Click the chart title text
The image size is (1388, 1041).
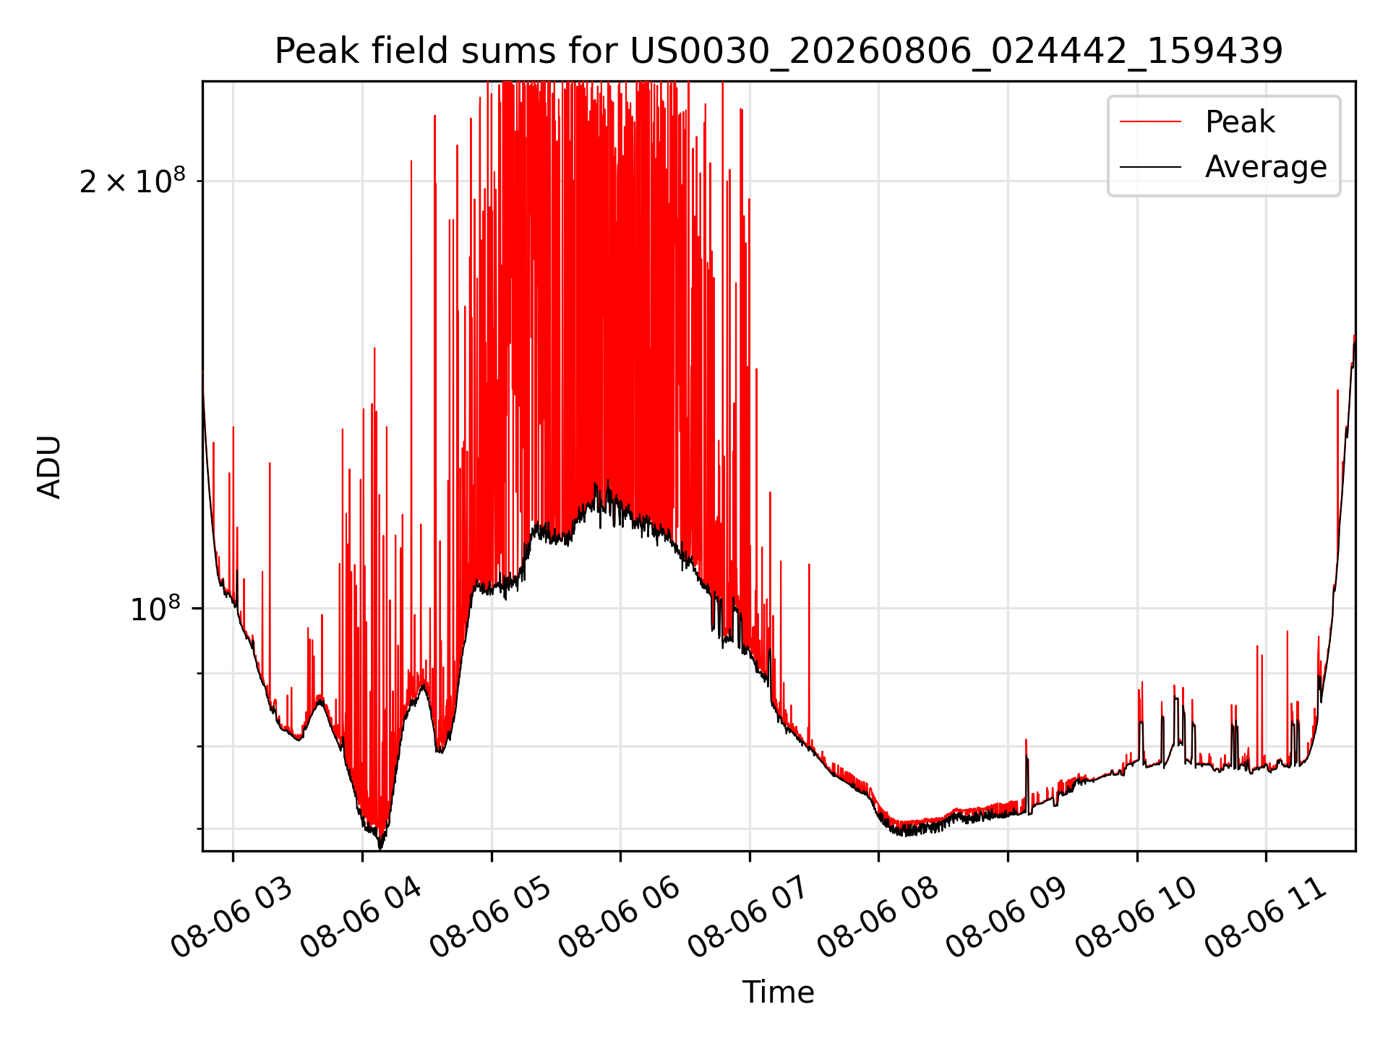779,51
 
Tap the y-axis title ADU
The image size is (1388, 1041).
49,466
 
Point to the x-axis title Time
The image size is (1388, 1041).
779,993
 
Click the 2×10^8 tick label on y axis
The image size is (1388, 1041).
132,181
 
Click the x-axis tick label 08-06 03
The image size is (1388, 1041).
232,918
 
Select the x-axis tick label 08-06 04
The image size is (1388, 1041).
361,918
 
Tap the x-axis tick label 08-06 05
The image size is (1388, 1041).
490,918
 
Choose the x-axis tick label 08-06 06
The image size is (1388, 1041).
620,918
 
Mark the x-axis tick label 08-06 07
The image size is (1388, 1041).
748,918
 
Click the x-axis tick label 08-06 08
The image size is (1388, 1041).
878,918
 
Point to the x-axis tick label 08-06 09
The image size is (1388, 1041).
1006,918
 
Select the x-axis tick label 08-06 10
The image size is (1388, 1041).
1136,918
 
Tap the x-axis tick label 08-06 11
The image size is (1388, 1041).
1265,918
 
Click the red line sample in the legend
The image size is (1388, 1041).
1150,122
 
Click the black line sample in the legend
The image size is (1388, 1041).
1150,167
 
